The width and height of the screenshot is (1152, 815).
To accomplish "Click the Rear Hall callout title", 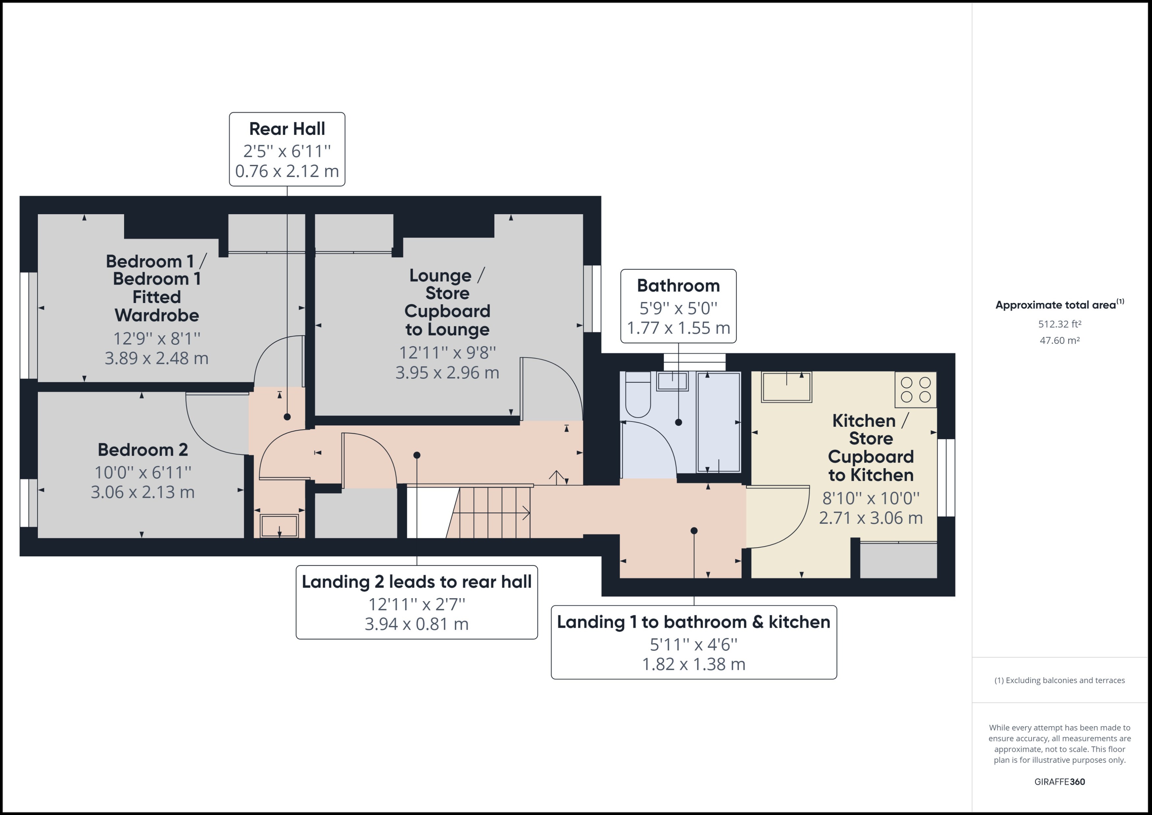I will (287, 129).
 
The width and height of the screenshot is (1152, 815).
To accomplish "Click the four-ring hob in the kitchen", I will (915, 390).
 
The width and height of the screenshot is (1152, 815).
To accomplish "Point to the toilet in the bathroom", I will (638, 396).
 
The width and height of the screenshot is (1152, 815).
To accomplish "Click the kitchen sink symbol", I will (786, 387).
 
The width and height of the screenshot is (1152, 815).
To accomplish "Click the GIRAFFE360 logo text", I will (1059, 782).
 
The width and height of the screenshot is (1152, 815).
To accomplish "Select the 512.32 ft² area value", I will (1059, 324).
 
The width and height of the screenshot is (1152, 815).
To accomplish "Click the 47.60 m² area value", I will (1059, 340).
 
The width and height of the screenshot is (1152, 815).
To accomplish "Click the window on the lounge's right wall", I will (592, 299).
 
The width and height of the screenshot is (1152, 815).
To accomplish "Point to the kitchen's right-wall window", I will (946, 477).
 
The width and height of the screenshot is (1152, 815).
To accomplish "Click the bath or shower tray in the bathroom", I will (718, 421).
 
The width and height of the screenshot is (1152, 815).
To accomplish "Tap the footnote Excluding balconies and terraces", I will (1059, 680).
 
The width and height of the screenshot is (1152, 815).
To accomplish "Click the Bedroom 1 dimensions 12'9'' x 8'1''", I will (157, 339).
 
